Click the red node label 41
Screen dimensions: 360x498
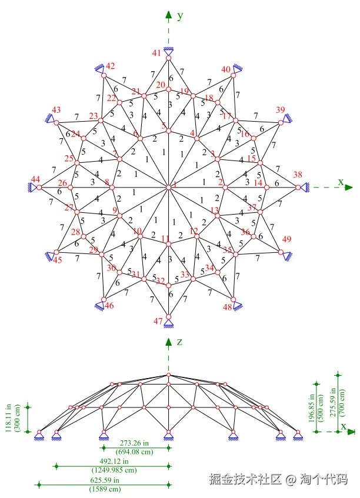coord(156,53)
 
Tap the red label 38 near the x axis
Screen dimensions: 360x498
coord(298,175)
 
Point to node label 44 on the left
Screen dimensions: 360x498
coord(36,179)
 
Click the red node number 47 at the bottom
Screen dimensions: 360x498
coord(158,321)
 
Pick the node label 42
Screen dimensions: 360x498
coord(111,66)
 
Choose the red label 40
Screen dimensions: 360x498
coord(226,69)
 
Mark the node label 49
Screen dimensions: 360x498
coord(286,239)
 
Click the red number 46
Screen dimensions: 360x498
coord(109,306)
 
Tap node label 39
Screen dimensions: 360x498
coord(281,110)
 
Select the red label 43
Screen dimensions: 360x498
coord(56,110)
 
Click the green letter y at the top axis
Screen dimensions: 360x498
coord(181,16)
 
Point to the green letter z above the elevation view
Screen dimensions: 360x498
coord(181,342)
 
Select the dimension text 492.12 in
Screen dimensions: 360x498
coord(114,462)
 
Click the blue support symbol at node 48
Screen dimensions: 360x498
coord(236,304)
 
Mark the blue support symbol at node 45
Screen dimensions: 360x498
coord(51,256)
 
